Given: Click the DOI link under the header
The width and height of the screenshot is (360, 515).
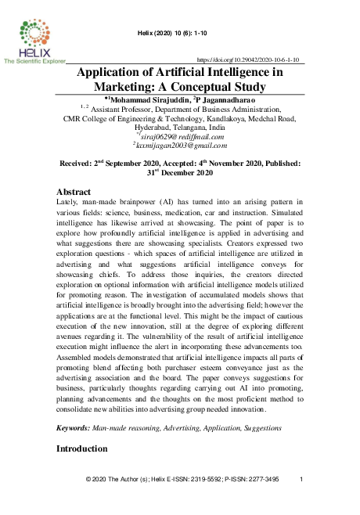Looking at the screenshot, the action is coord(250,59).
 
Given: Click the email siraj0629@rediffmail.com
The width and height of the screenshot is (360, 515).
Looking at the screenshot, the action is coord(181,135).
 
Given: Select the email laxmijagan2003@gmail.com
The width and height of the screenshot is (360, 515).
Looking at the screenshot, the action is coord(181,145).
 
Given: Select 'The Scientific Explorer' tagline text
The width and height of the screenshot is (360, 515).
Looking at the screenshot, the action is coord(34,59).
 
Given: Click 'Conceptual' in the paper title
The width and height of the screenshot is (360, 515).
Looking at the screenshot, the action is coord(221,87).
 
